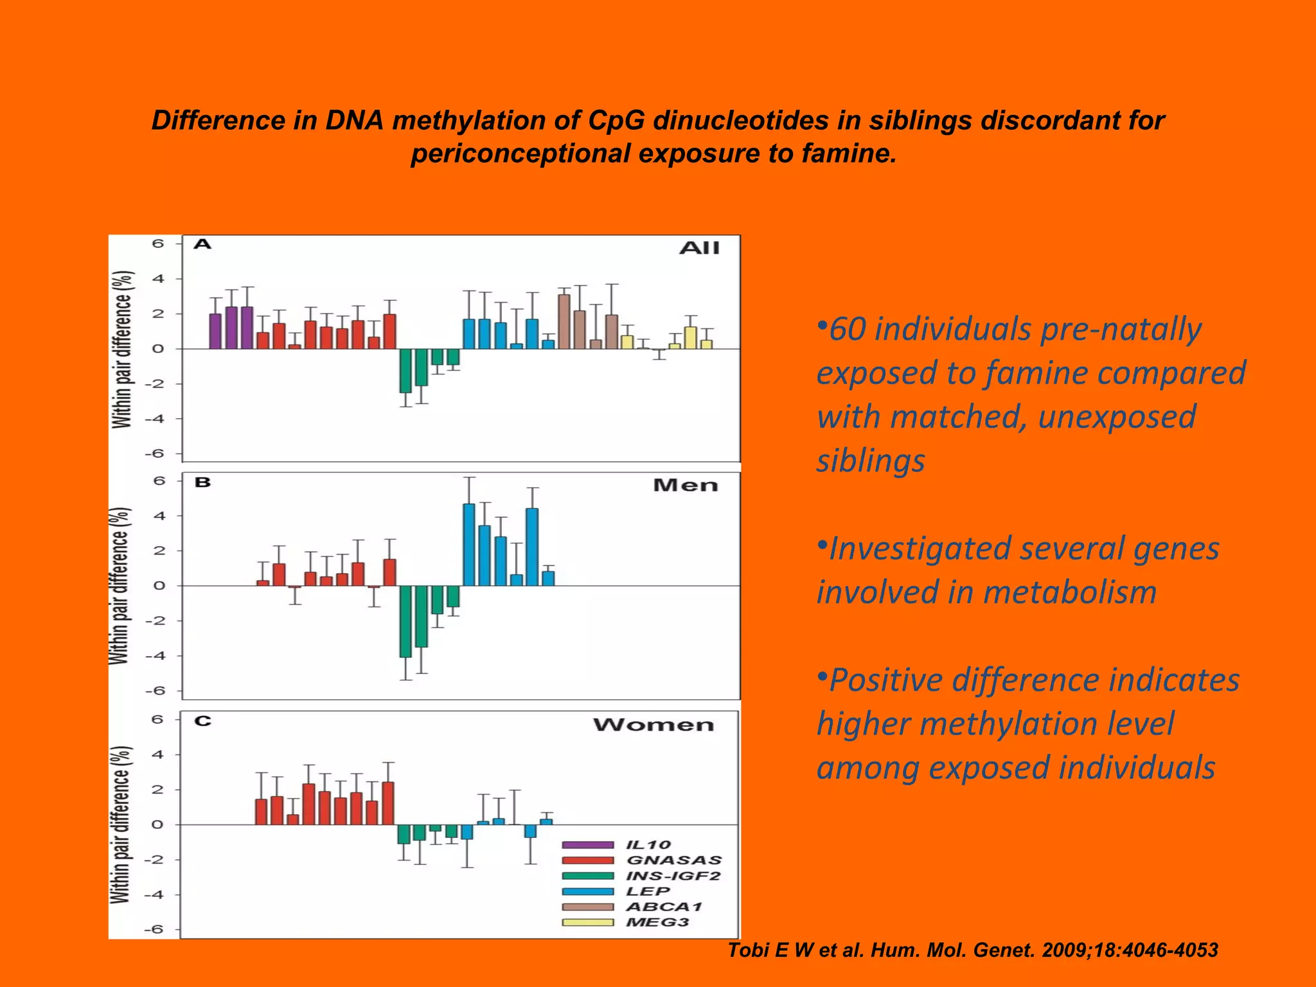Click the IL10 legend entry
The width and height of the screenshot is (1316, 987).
click(x=648, y=845)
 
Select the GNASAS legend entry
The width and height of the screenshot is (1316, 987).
click(x=673, y=860)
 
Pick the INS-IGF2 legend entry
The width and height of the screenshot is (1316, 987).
click(x=673, y=876)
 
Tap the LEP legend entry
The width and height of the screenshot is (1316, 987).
click(x=648, y=891)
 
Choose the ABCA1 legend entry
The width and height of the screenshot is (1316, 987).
click(x=664, y=907)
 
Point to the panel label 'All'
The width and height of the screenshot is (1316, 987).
click(x=699, y=248)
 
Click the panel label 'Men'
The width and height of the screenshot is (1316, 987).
click(x=685, y=485)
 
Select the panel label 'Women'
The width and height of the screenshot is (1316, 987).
click(x=653, y=725)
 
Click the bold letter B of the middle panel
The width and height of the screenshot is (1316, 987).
click(x=202, y=482)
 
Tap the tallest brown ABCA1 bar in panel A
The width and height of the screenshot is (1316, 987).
click(x=564, y=321)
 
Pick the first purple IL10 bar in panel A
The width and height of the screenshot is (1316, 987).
click(x=215, y=331)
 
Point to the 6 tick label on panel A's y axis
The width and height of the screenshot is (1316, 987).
click(x=158, y=244)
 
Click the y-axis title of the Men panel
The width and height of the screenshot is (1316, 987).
click(x=120, y=585)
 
